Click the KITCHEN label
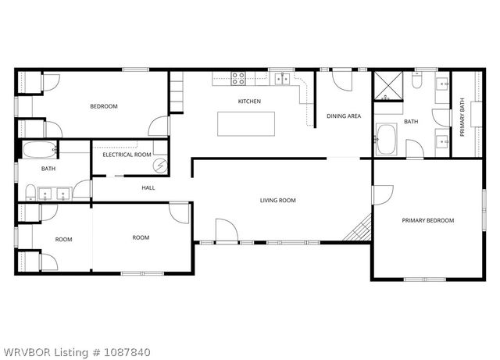[x=249, y=102]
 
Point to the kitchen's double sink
[x=280, y=77]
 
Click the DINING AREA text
[x=344, y=116]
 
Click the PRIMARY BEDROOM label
[x=427, y=220]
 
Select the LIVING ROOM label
[x=277, y=201]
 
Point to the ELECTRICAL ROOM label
[x=127, y=155]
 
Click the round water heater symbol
[x=159, y=166]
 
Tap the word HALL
[x=148, y=188]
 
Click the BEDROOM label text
[x=103, y=106]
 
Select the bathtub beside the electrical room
[x=38, y=151]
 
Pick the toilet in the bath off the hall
[x=31, y=193]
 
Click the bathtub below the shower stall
[x=386, y=138]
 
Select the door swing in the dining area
[x=341, y=78]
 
